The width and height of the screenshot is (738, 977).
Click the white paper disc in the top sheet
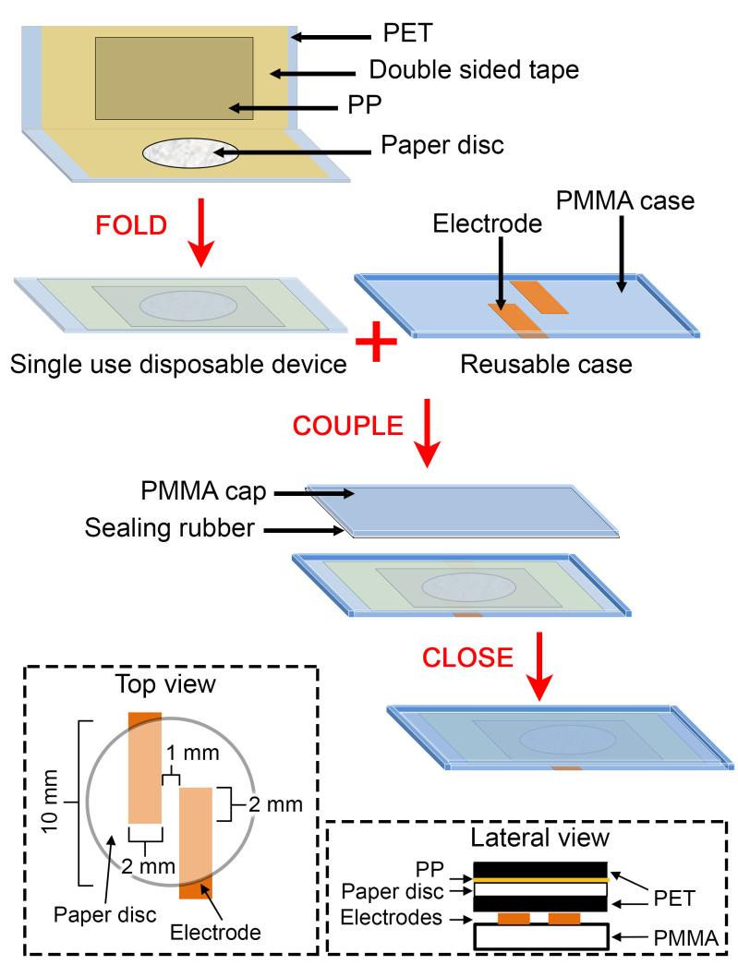[190, 152]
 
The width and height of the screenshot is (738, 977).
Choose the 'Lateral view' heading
[538, 838]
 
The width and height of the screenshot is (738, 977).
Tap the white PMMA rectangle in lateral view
[540, 937]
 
